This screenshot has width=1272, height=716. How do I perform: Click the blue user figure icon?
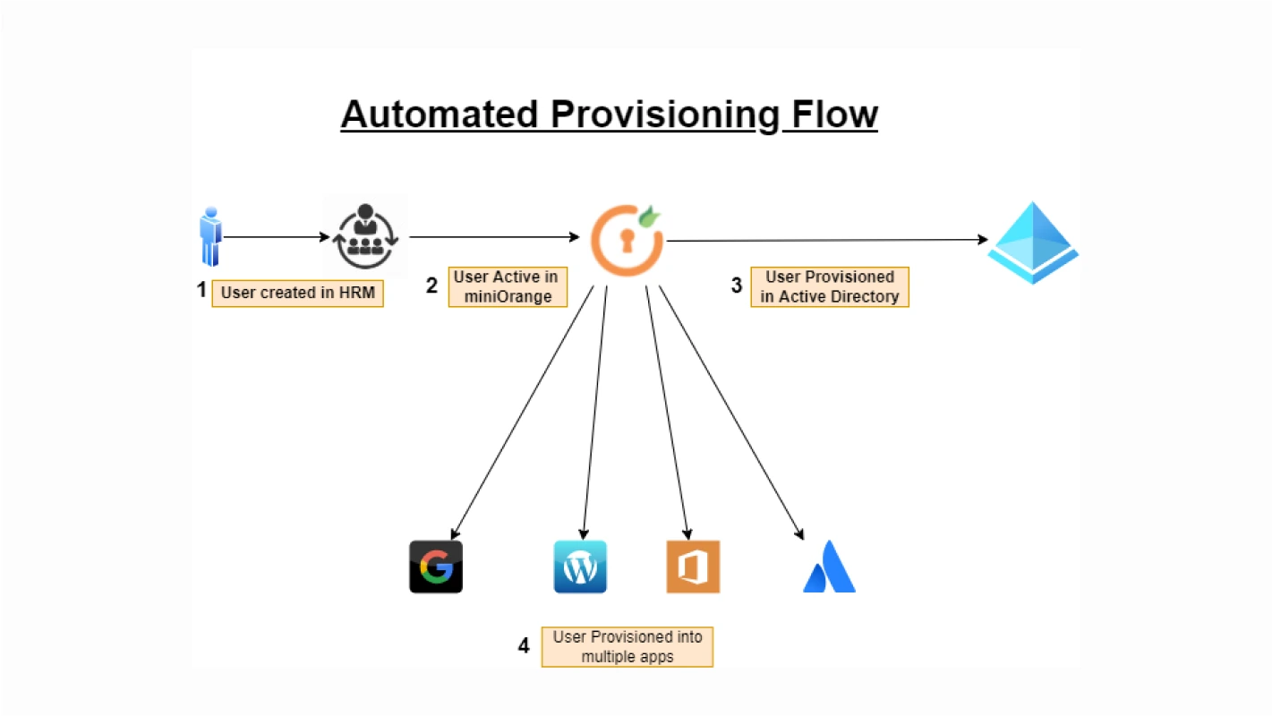click(210, 236)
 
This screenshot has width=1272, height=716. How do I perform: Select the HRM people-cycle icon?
click(364, 236)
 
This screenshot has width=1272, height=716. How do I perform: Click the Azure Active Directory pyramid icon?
click(1033, 243)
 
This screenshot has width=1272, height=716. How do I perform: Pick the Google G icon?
click(436, 567)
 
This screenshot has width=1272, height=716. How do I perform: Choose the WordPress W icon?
click(580, 567)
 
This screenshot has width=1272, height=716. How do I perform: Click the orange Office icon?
click(693, 567)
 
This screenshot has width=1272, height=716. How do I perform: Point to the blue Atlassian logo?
click(829, 567)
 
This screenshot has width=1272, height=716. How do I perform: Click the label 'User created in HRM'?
click(297, 293)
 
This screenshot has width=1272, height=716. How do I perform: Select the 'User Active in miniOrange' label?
click(507, 286)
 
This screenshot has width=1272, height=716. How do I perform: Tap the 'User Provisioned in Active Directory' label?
click(830, 287)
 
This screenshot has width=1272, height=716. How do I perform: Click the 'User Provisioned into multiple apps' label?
click(627, 646)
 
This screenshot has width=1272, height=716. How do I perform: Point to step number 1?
click(201, 290)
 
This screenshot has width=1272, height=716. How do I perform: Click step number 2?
click(431, 286)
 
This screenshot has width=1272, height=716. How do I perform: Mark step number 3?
click(737, 286)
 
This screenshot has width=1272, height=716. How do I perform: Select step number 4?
click(524, 646)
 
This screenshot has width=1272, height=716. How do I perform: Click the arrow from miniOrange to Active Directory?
click(824, 240)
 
